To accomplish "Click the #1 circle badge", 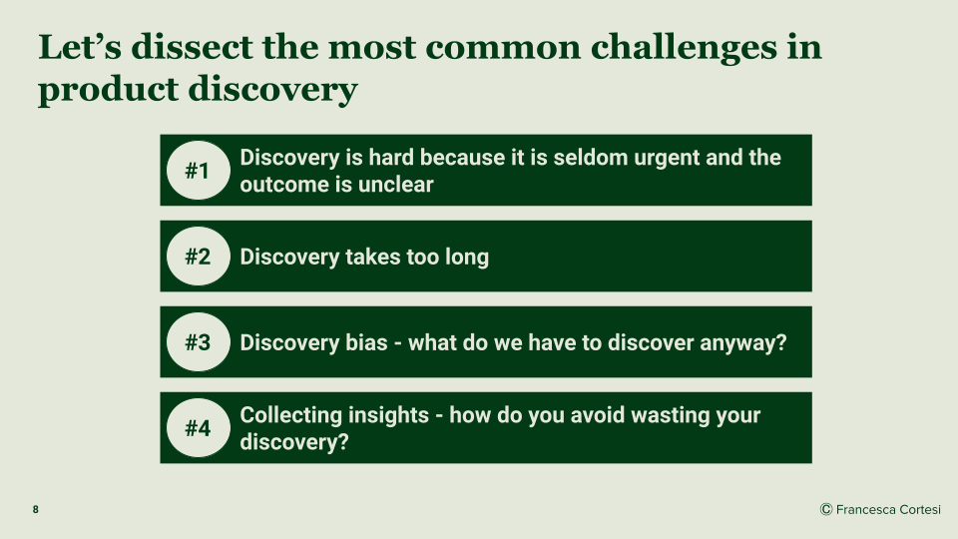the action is [x=198, y=171].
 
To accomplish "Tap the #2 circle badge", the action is [x=198, y=257].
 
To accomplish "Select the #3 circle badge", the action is [x=198, y=342].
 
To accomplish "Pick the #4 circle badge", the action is [x=198, y=428].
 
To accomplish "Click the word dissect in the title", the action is [x=192, y=47].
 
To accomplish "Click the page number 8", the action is [x=36, y=510].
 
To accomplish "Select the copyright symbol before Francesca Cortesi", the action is [x=826, y=509].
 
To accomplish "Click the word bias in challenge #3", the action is [x=366, y=342].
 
